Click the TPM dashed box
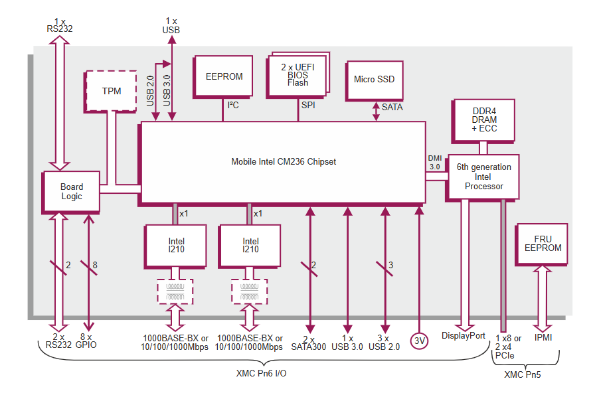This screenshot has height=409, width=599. pyautogui.click(x=112, y=91)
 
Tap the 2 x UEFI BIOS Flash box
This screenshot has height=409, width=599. pyautogui.click(x=298, y=75)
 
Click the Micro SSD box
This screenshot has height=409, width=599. pyautogui.click(x=374, y=80)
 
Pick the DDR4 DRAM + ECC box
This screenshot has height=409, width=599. pyautogui.click(x=483, y=120)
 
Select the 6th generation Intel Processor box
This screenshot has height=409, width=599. pyautogui.click(x=483, y=177)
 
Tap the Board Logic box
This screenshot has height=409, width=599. pyautogui.click(x=72, y=192)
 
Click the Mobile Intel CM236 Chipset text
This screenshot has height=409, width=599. pyautogui.click(x=284, y=161)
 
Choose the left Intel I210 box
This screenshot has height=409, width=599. pyautogui.click(x=176, y=246)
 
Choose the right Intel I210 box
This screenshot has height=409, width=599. pyautogui.click(x=250, y=246)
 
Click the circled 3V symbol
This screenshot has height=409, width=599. pyautogui.click(x=419, y=341)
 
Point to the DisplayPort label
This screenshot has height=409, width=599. pyautogui.click(x=464, y=336)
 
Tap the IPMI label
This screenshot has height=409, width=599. pyautogui.click(x=543, y=337)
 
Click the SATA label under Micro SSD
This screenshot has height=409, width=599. pyautogui.click(x=392, y=107)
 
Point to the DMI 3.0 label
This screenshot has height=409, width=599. pyautogui.click(x=435, y=162)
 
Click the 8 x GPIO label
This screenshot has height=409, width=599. pyautogui.click(x=86, y=341)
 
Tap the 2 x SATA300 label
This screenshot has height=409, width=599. pyautogui.click(x=309, y=342)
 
